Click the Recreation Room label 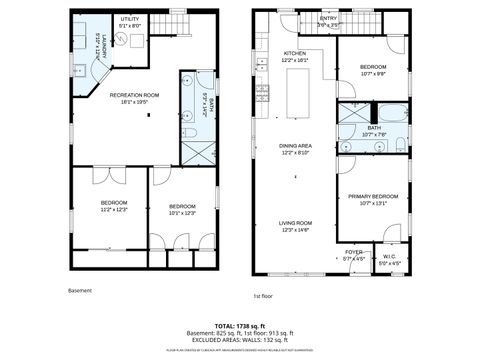(128, 97)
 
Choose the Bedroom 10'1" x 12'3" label (181, 209)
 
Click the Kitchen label (295, 56)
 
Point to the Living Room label (295, 226)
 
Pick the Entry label (328, 20)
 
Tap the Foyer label (354, 255)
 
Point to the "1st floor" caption (263, 296)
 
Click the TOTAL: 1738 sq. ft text (239, 326)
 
